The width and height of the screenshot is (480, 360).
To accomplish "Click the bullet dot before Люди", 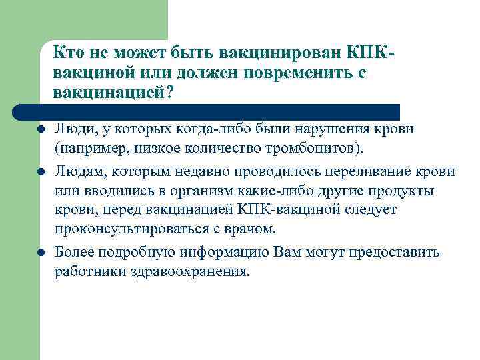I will [x=41, y=129].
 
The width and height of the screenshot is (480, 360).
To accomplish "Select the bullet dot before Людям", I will [x=41, y=171].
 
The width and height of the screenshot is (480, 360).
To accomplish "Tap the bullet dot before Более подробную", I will [x=41, y=253].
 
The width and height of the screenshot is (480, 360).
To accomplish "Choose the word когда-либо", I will [x=211, y=129].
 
